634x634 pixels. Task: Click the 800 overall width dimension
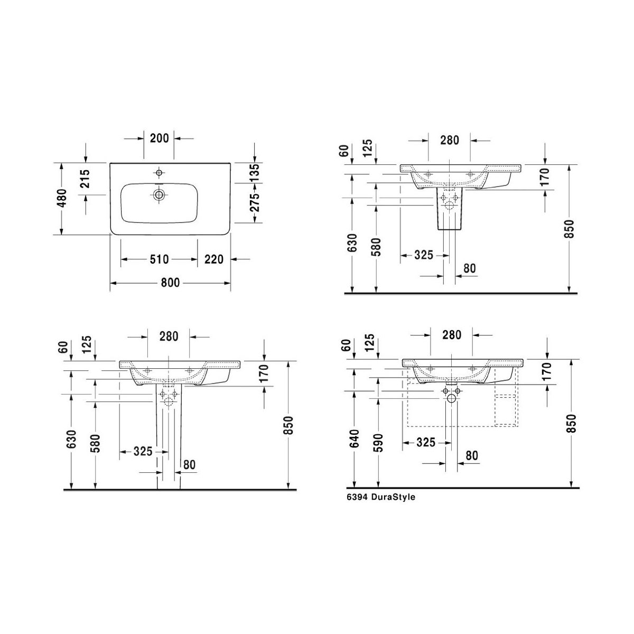(170, 283)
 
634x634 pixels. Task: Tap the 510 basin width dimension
(159, 259)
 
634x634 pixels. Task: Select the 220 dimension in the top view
(214, 259)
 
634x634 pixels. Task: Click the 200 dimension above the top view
(159, 138)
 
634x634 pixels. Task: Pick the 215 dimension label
(85, 179)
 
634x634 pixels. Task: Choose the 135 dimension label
(255, 173)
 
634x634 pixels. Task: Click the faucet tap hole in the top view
(159, 172)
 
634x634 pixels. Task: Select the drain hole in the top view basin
(159, 195)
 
